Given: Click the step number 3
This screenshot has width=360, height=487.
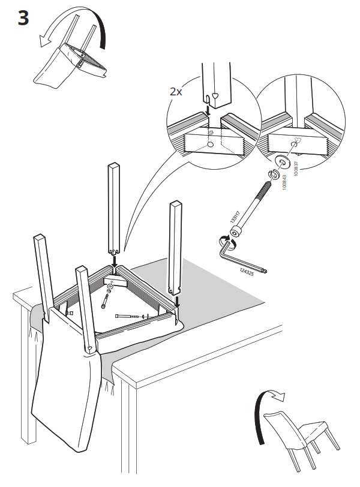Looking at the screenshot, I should coord(22,18).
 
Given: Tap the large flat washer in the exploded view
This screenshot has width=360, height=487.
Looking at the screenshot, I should coord(283,161).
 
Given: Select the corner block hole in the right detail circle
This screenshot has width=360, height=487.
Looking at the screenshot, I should coord(297,142).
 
